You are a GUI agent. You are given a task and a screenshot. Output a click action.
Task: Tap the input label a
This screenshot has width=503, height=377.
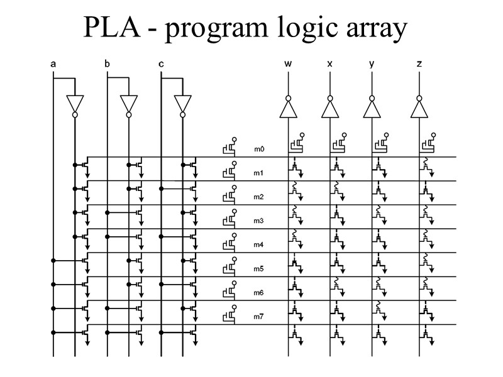click(x=53, y=64)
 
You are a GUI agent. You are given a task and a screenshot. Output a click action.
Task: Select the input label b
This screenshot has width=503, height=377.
click(x=107, y=64)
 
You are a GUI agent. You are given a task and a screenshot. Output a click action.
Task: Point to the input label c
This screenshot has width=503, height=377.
click(x=162, y=64)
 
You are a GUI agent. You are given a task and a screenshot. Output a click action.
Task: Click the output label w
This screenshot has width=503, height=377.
click(x=288, y=64)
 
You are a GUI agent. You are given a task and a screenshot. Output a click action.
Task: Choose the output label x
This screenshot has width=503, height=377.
click(x=329, y=64)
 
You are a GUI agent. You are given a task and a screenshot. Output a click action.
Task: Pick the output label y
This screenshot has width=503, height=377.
click(x=372, y=64)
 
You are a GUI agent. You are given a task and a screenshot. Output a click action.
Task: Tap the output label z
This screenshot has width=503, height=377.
click(x=419, y=64)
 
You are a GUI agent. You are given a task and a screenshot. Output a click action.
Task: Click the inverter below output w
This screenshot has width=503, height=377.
click(x=288, y=107)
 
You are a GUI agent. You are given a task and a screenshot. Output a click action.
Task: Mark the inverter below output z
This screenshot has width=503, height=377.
click(x=419, y=107)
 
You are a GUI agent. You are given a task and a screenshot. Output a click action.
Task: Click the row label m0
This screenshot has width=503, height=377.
click(x=259, y=150)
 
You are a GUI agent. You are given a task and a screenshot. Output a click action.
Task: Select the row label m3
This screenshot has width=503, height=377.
click(x=259, y=221)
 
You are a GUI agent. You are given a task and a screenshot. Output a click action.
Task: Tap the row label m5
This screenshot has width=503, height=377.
click(x=259, y=268)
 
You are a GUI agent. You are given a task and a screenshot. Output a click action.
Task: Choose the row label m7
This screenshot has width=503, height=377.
click(x=259, y=316)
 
